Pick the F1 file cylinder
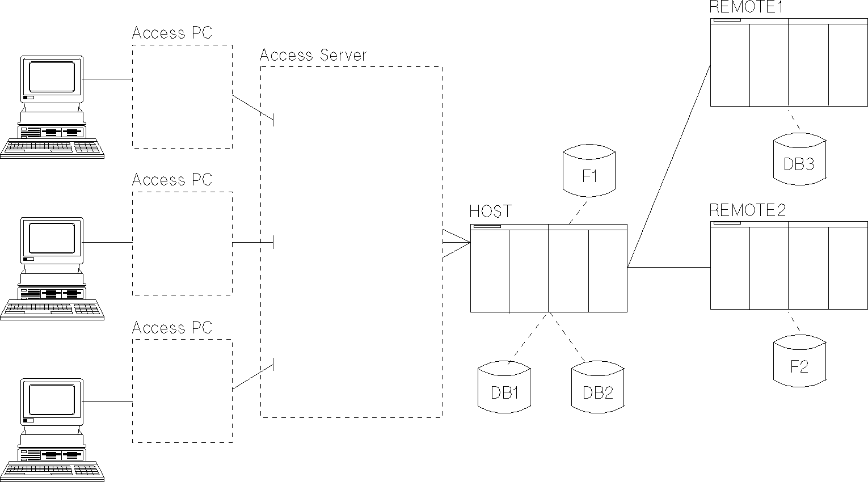click(x=589, y=172)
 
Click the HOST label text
click(x=490, y=212)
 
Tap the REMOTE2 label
click(x=748, y=210)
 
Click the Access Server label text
click(x=313, y=55)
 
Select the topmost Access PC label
click(x=172, y=33)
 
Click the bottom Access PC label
click(x=172, y=327)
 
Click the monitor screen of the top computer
click(x=52, y=77)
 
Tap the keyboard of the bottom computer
click(x=52, y=470)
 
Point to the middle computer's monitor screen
click(x=52, y=238)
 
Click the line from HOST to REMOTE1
click(x=669, y=164)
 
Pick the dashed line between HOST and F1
click(x=579, y=210)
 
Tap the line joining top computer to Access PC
click(x=107, y=79)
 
